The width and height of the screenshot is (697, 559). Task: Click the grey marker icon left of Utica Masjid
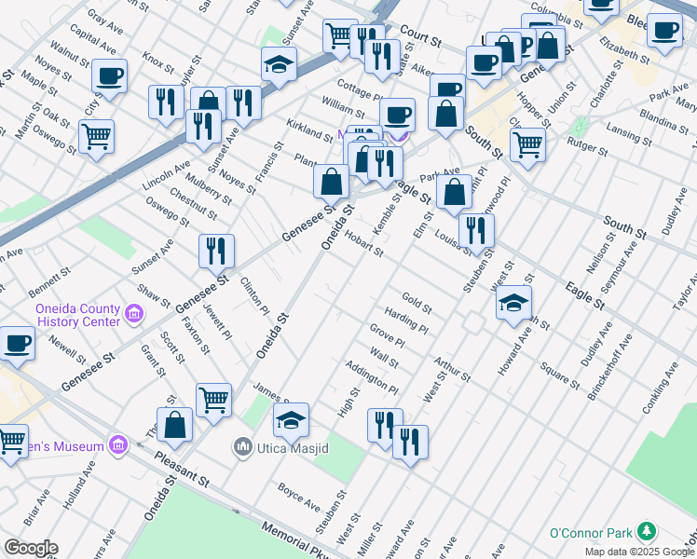(x=244, y=448)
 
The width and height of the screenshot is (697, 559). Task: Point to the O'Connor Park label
(x=591, y=533)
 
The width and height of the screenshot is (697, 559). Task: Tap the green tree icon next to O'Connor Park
(x=645, y=533)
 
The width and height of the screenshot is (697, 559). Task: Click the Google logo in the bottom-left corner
(x=31, y=548)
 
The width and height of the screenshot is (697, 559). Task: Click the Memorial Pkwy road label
(x=296, y=539)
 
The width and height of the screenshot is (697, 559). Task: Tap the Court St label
(x=420, y=38)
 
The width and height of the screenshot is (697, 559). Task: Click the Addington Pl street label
(x=372, y=376)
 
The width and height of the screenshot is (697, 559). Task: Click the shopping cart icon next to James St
(x=214, y=400)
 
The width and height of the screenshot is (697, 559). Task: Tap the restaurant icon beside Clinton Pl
(x=215, y=250)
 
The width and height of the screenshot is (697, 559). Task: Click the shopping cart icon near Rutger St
(x=527, y=144)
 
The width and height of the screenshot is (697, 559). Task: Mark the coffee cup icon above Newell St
(x=18, y=343)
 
